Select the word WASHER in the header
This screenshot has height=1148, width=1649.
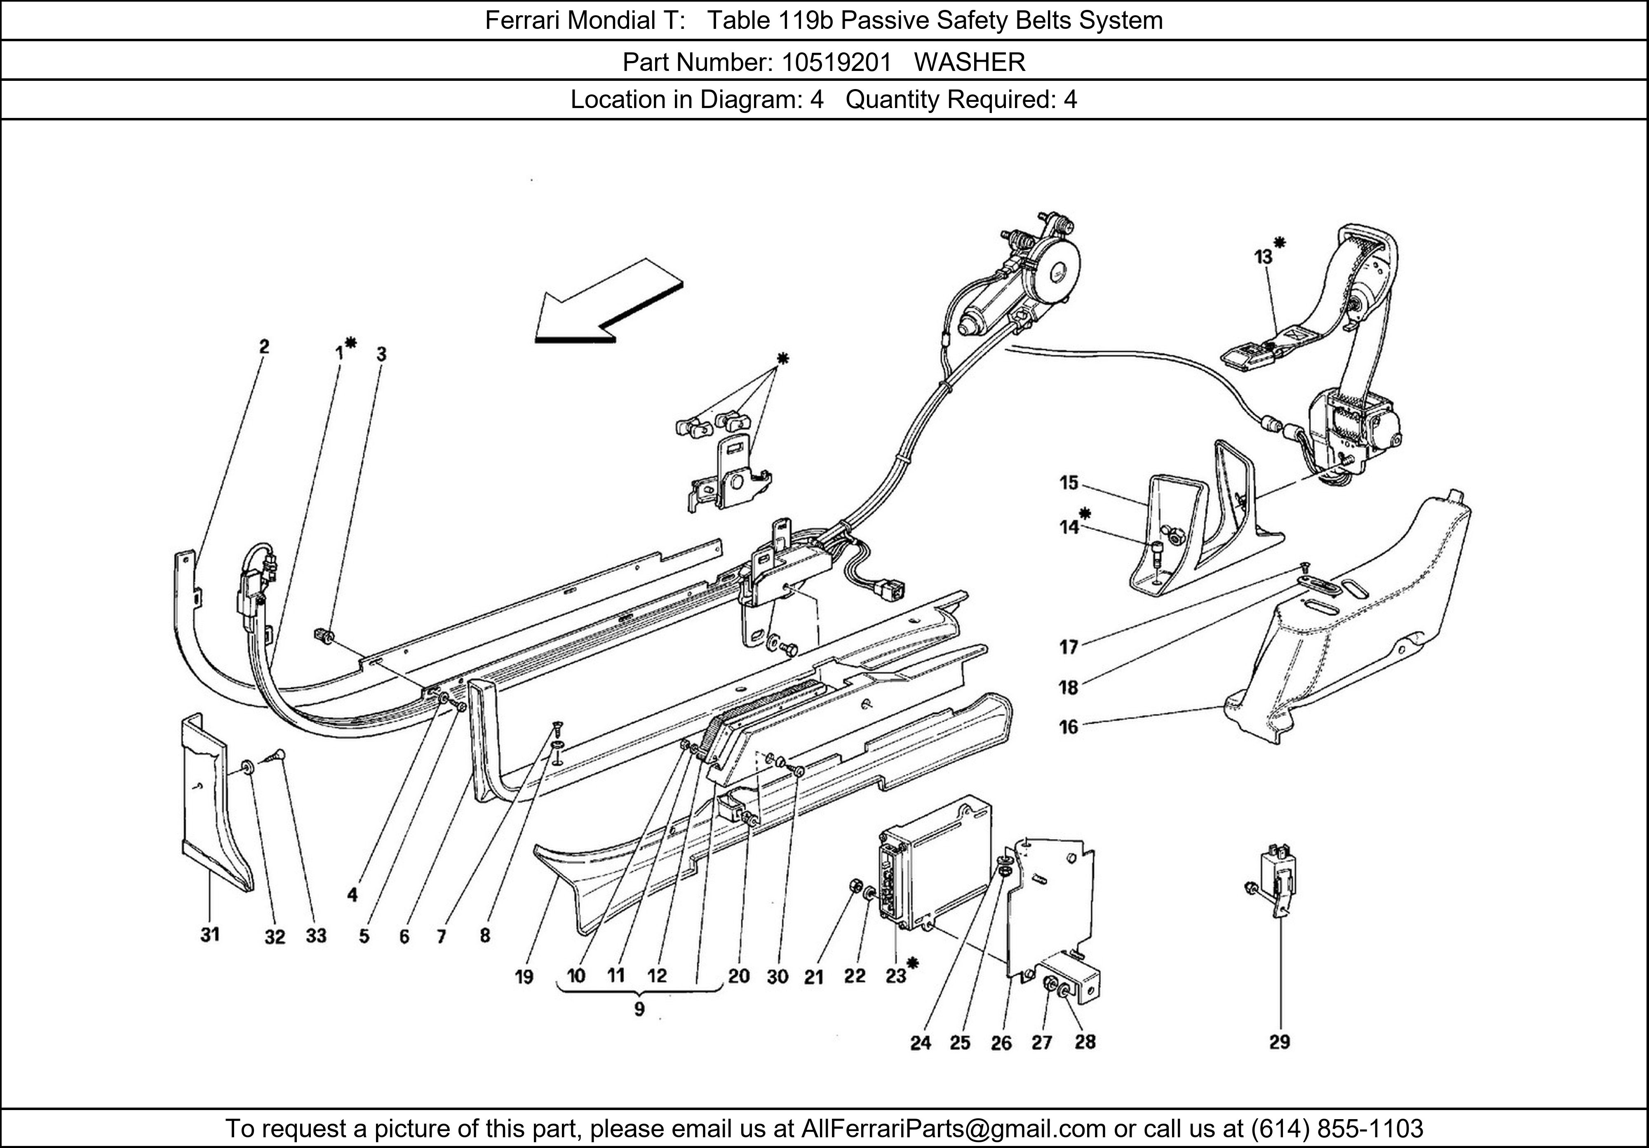970,63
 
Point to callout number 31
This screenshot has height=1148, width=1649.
210,935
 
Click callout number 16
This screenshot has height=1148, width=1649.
1069,727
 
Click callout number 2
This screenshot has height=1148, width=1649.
264,346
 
